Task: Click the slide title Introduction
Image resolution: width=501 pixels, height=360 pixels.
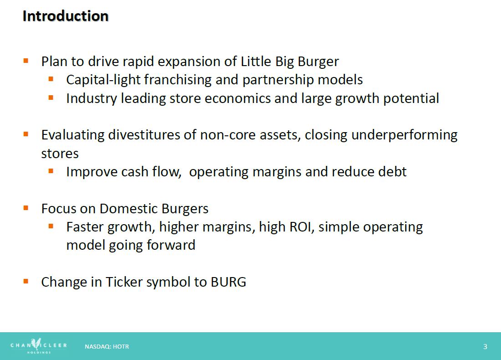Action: point(66,16)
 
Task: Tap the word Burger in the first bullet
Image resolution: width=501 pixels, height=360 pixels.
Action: point(318,62)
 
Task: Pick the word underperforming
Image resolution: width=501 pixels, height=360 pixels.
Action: point(404,135)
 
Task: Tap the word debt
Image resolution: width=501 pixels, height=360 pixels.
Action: point(392,171)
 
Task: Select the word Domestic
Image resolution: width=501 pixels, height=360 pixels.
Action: point(129,208)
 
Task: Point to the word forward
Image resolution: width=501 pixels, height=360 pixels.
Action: point(171,245)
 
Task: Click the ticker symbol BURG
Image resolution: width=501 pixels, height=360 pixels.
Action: point(229,282)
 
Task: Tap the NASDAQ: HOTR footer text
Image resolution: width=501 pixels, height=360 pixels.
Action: point(107,347)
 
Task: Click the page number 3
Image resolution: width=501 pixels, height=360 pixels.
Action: point(485,347)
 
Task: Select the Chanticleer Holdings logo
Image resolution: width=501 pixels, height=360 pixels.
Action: point(39,346)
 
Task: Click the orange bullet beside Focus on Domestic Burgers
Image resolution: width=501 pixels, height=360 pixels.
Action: point(26,208)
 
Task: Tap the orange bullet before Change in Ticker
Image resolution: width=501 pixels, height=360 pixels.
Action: point(26,281)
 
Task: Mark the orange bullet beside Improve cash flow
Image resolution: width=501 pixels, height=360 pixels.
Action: point(51,171)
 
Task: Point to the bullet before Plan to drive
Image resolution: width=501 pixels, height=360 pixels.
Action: point(26,61)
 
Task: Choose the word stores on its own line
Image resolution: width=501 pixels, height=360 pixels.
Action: point(60,154)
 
